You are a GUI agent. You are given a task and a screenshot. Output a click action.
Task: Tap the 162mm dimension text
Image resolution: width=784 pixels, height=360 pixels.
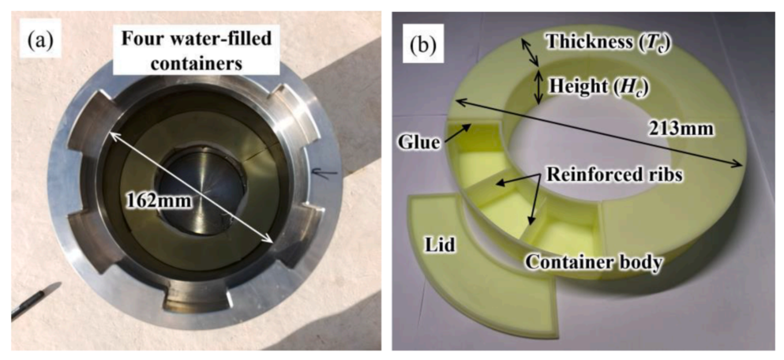(152, 201)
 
